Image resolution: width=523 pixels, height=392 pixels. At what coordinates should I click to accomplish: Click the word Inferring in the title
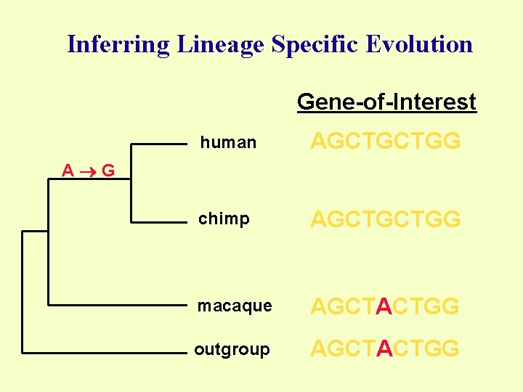coord(117,45)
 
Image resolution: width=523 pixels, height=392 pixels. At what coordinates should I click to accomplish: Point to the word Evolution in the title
coord(420,44)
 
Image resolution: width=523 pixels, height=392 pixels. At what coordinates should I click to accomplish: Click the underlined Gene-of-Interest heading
coord(386,102)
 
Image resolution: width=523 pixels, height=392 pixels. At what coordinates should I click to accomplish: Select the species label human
coord(228,143)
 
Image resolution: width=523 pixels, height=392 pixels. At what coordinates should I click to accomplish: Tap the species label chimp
coord(224,219)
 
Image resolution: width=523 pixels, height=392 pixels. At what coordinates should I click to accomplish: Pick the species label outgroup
coord(232,350)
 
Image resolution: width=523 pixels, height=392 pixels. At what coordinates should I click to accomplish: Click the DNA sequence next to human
coord(386,142)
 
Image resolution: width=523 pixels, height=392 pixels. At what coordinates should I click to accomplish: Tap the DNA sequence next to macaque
coord(386,307)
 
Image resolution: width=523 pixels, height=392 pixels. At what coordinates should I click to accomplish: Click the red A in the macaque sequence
coord(384,307)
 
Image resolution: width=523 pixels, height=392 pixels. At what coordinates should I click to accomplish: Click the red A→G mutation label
coord(88,171)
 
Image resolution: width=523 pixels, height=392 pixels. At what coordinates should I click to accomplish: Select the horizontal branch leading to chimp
coord(158,221)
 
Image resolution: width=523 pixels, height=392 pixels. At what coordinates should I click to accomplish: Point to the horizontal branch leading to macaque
coord(116,304)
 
